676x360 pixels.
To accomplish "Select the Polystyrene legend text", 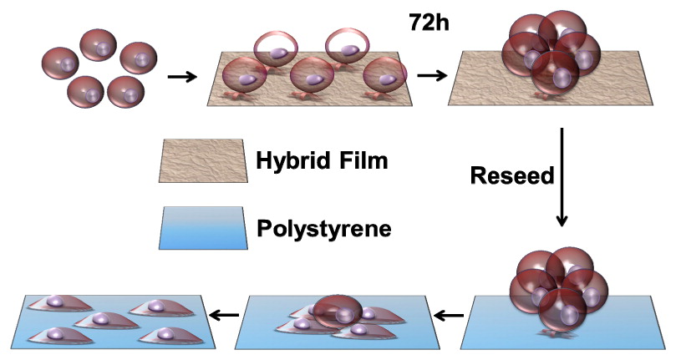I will click(323, 226).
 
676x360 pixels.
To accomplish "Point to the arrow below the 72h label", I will click(431, 76).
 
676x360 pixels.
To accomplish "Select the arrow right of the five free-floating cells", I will click(182, 77).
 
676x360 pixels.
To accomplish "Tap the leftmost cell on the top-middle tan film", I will click(248, 80).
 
